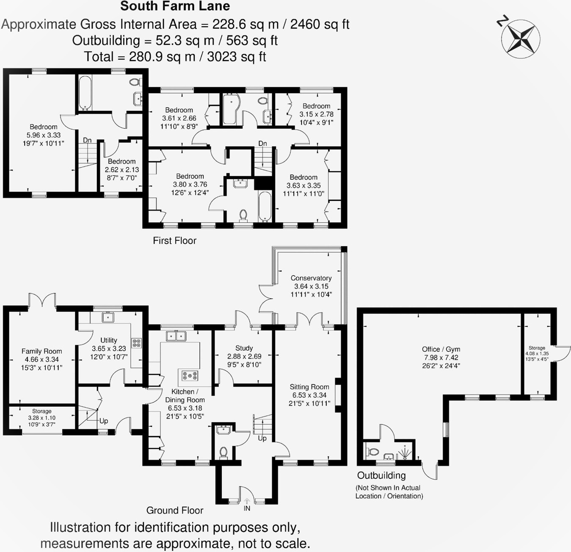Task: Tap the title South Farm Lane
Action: pos(175,6)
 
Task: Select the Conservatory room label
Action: pos(311,278)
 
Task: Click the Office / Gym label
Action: pos(441,349)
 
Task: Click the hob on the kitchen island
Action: pos(190,375)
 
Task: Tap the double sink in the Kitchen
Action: pos(176,336)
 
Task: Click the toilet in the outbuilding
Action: pos(372,451)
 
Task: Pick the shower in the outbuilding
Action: pos(405,452)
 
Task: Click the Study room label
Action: pos(244,348)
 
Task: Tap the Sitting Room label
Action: pos(309,387)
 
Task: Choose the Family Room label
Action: pos(41,351)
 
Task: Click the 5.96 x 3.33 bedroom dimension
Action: pos(44,135)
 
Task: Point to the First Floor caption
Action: pos(174,240)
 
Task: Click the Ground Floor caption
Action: pos(174,511)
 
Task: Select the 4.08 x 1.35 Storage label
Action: pos(537,353)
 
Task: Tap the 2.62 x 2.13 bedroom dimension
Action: pos(122,170)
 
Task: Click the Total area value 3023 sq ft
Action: pos(237,57)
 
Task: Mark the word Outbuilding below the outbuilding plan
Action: pos(381,475)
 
